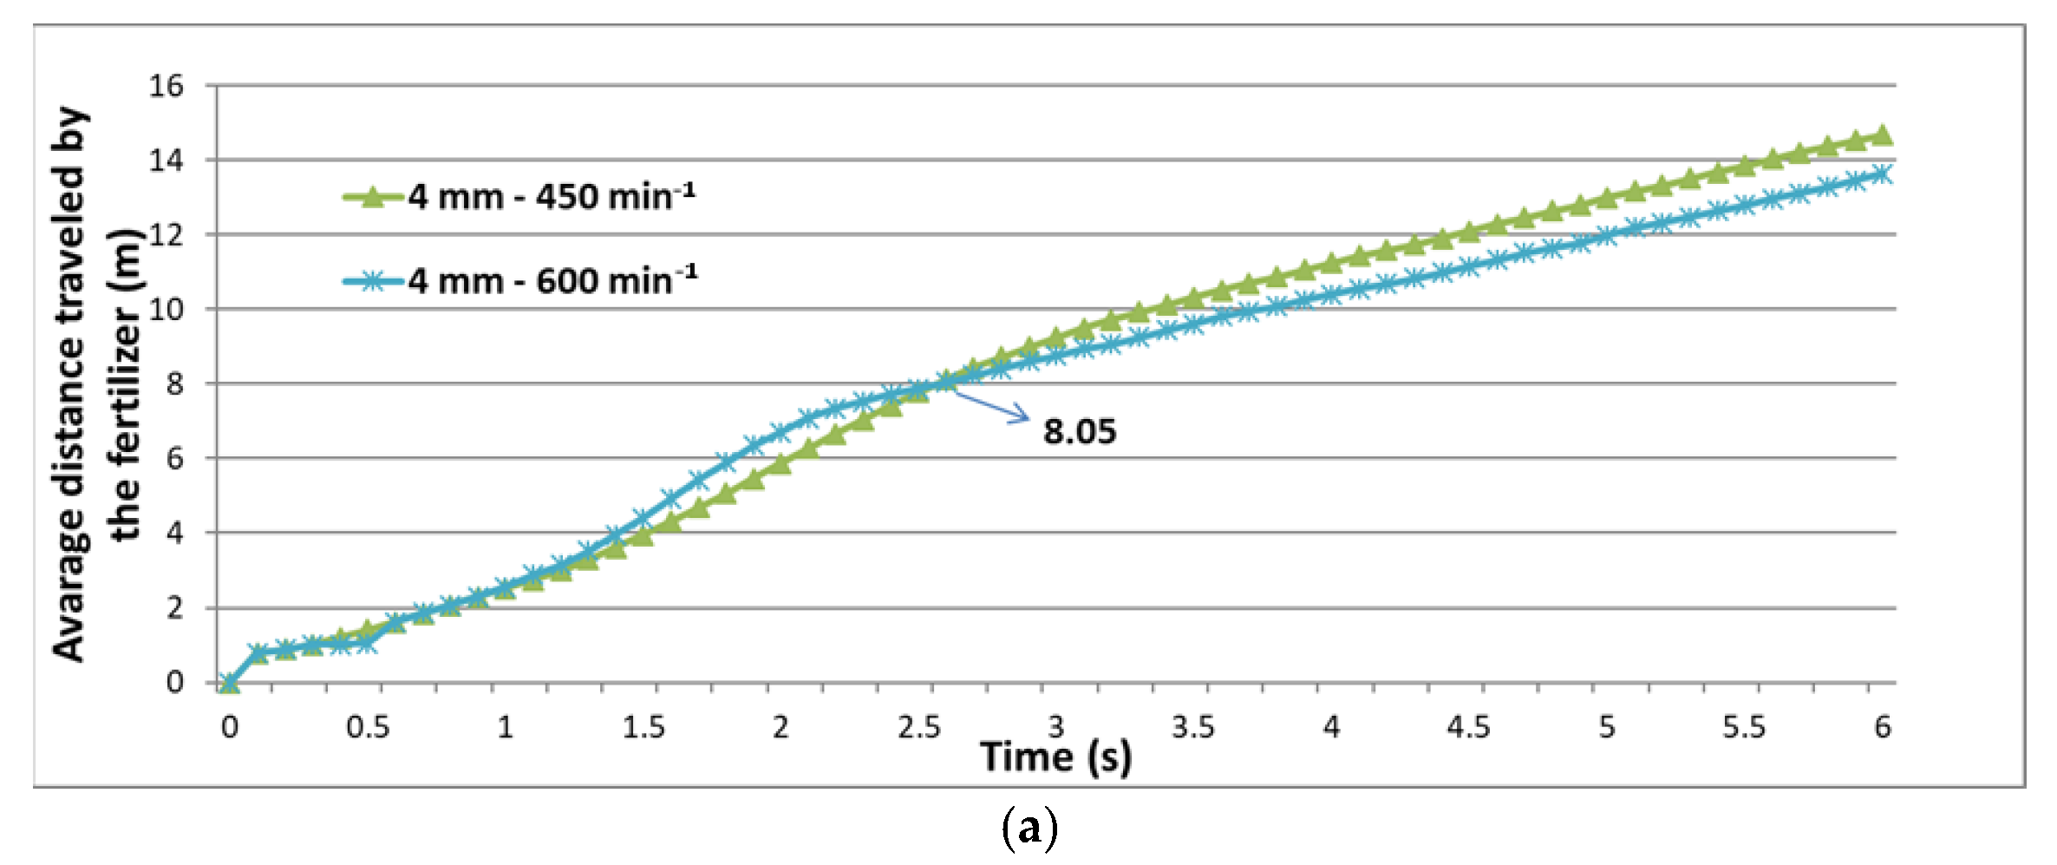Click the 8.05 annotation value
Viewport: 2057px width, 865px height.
click(1079, 431)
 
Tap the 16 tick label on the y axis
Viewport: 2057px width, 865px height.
click(167, 86)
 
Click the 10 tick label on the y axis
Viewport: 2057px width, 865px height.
click(167, 309)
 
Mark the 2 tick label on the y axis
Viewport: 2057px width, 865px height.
click(175, 607)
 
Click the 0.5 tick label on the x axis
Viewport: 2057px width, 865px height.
click(368, 726)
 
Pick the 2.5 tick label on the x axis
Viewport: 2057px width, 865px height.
click(919, 726)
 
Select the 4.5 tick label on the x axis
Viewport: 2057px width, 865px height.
click(1468, 726)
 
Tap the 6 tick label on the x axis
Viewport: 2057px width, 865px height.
click(1882, 726)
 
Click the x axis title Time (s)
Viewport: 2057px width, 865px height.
click(1055, 757)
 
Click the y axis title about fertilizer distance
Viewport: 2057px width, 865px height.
click(95, 383)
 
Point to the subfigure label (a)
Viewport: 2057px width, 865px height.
click(1029, 829)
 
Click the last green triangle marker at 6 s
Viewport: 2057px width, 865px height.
click(1882, 134)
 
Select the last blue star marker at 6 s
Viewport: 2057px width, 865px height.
click(1882, 174)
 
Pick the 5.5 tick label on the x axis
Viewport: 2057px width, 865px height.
click(1743, 726)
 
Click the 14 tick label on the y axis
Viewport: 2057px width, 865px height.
click(167, 161)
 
